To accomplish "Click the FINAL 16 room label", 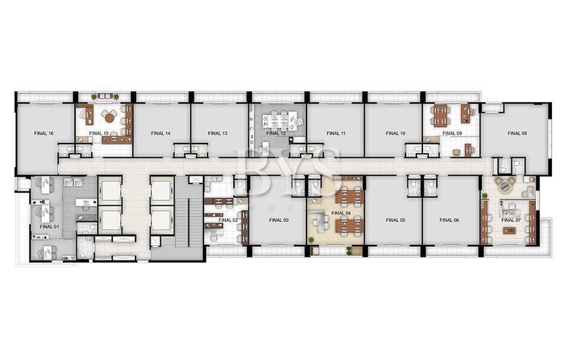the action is [44, 133].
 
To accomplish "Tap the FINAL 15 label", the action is [99, 133].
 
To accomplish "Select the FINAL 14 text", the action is [161, 133].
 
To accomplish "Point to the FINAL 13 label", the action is [217, 133].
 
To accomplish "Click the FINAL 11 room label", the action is [336, 133].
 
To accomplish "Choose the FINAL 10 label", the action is [395, 133].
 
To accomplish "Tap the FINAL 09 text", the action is [452, 133].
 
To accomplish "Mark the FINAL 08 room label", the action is [517, 133].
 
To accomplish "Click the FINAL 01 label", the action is [49, 227].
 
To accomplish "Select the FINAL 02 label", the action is [228, 220].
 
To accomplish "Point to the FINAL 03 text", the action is [279, 220].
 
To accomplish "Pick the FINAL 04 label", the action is [341, 213].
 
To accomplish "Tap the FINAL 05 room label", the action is [395, 220].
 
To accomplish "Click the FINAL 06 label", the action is [449, 220].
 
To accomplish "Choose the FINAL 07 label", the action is [511, 220].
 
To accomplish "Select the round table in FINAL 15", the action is [110, 118].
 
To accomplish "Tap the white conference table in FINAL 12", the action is [275, 121].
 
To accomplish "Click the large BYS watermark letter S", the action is [322, 169].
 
